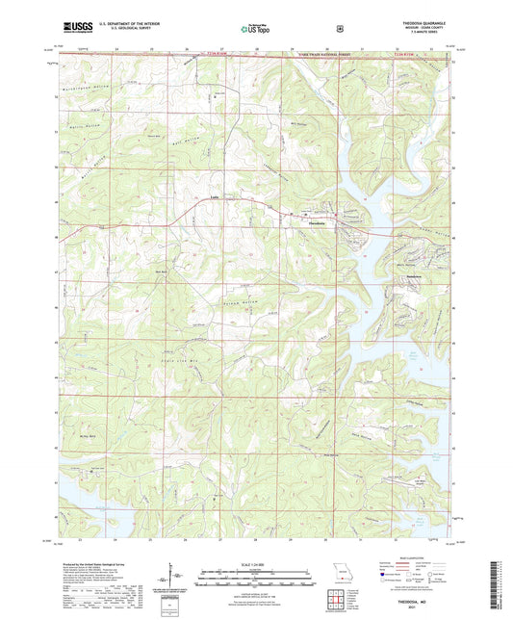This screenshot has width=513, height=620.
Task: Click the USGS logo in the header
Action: click(68, 29)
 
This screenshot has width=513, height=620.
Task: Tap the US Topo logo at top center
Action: click(256, 29)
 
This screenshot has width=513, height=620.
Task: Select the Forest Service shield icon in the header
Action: click(340, 28)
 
